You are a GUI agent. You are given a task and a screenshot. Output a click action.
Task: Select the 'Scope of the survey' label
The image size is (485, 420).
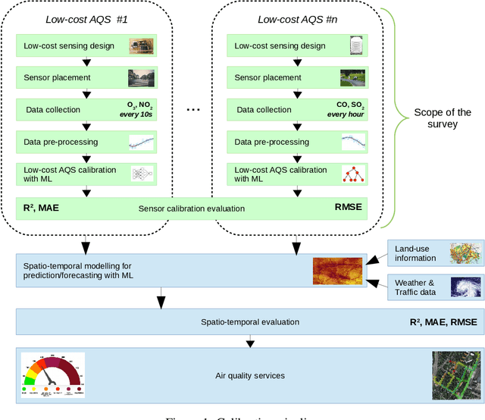(443, 119)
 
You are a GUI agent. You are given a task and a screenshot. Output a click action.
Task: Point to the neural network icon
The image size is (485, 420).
(142, 174)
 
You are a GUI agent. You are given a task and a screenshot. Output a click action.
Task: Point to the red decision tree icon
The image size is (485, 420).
(352, 174)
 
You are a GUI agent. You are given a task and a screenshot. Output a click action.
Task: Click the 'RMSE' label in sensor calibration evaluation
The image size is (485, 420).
(349, 206)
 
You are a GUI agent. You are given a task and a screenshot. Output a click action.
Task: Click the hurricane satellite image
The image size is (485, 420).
(465, 288)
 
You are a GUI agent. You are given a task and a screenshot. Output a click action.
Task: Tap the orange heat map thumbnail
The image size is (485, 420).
(337, 271)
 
